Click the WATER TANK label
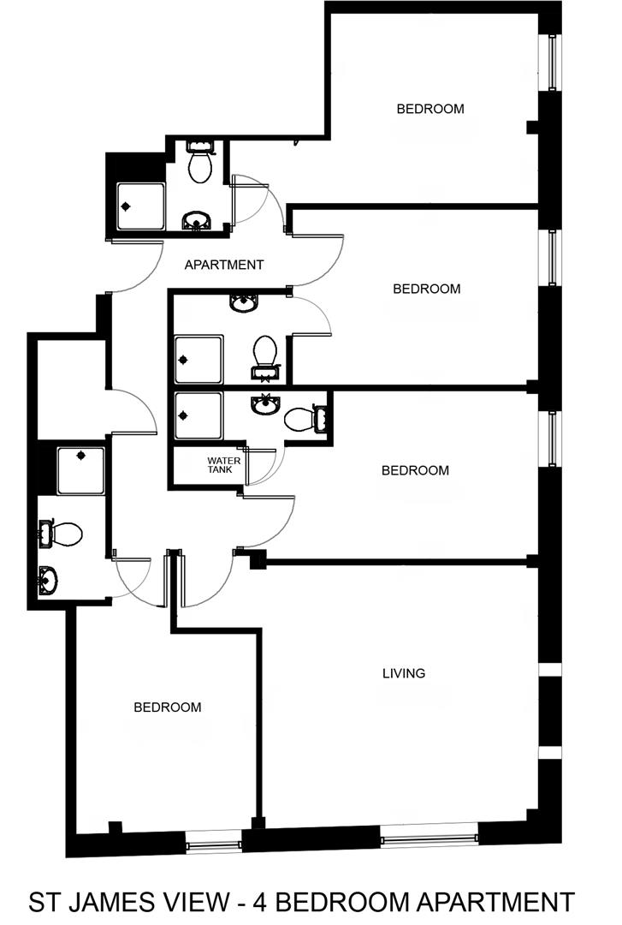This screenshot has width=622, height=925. click(x=223, y=465)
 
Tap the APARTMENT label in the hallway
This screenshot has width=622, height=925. click(x=224, y=265)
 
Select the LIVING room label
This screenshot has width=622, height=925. click(x=404, y=673)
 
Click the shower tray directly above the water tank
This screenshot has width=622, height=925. click(x=198, y=416)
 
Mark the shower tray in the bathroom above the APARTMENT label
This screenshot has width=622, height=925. click(x=141, y=206)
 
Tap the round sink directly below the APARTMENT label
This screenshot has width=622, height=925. click(x=243, y=302)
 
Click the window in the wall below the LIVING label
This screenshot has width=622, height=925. click(x=429, y=837)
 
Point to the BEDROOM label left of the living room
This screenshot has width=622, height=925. click(x=168, y=707)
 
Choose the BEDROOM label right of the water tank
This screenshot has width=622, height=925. click(x=415, y=470)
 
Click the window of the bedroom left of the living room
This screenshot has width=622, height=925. click(x=214, y=842)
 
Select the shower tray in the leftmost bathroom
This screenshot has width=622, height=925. click(x=81, y=471)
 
